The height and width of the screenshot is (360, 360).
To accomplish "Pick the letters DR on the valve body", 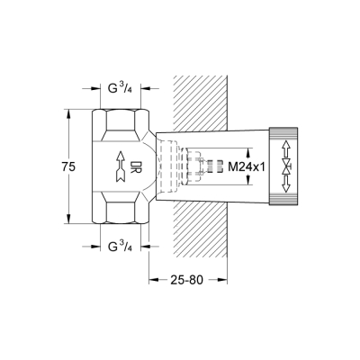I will click(132, 166).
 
